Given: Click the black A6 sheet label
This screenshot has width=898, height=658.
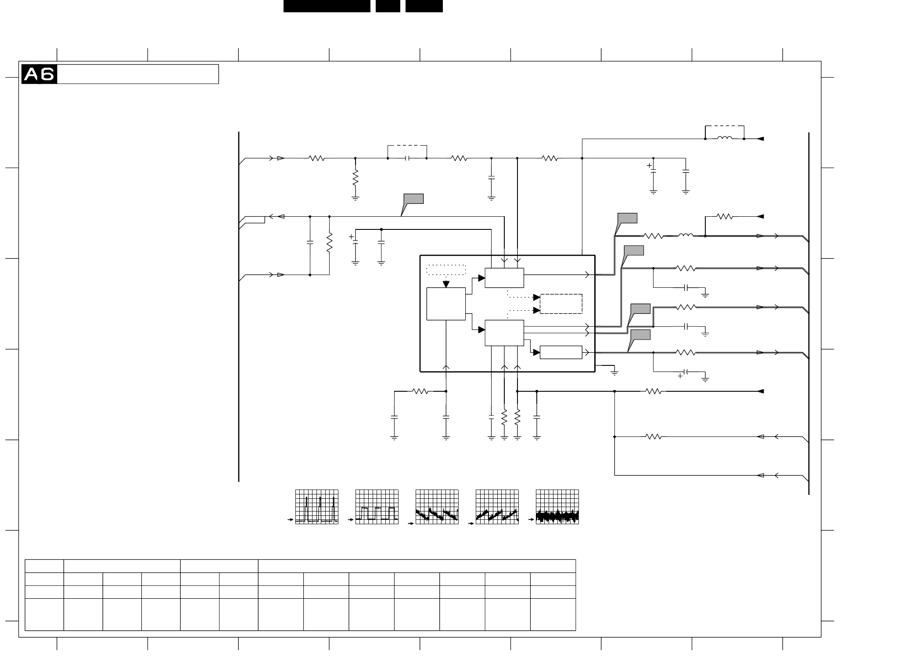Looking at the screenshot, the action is tap(39, 74).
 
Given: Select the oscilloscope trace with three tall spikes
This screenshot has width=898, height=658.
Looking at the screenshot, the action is tap(316, 507).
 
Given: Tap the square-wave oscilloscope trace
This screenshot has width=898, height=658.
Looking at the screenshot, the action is tap(377, 507).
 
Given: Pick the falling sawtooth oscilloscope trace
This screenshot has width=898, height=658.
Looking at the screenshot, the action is tap(437, 507).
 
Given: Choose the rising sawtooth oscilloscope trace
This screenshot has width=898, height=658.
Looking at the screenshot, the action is tap(497, 507).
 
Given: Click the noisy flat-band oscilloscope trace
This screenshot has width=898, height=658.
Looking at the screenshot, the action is tap(557, 507).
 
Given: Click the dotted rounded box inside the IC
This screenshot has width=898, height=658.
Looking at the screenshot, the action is tap(446, 270).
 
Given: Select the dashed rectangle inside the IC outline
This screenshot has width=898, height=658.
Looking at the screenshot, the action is tap(561, 304).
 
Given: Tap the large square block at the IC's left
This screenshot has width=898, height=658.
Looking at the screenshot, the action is tap(446, 304).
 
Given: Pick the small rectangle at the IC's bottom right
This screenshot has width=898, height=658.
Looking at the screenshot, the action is tap(561, 352).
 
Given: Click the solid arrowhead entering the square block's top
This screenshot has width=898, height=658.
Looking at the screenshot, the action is tap(446, 284).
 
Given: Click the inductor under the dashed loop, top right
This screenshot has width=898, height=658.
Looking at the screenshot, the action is tap(724, 139).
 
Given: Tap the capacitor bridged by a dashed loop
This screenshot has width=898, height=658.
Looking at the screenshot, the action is tap(407, 158).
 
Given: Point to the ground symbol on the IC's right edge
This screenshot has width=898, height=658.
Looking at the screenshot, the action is tap(614, 372).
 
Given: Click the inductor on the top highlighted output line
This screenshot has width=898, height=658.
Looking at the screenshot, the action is tap(686, 236).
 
